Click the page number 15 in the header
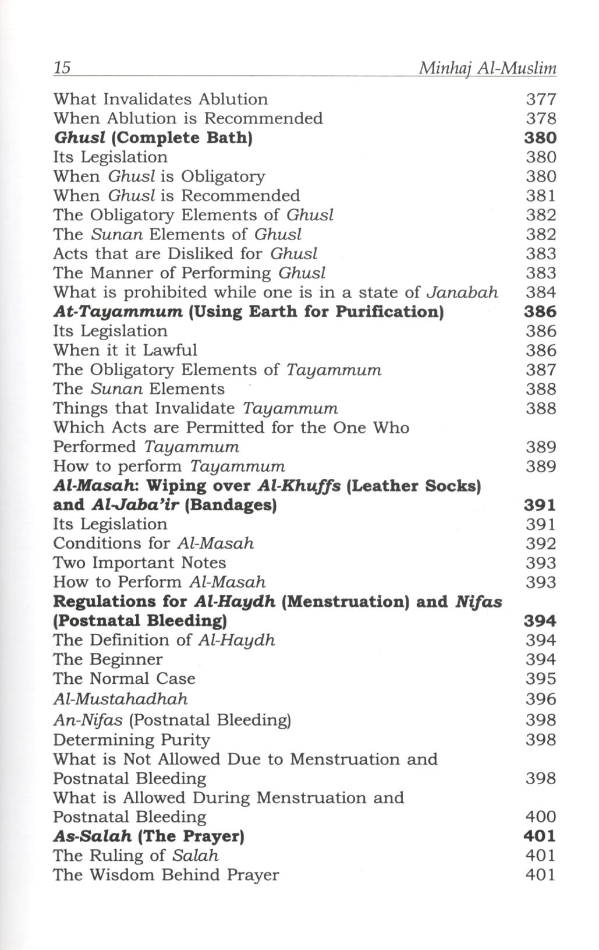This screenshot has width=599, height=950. [62, 68]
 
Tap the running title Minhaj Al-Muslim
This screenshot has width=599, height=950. [487, 69]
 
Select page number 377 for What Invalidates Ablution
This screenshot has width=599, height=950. [541, 100]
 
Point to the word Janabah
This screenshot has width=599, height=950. [463, 292]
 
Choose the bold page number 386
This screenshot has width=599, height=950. [540, 312]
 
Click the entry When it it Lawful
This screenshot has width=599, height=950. [125, 350]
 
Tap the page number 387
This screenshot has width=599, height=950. [541, 370]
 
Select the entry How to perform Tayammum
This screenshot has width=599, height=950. [169, 467]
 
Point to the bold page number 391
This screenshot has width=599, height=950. [540, 505]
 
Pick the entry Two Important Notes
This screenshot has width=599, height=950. [140, 563]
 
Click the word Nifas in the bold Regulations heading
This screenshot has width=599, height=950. [479, 601]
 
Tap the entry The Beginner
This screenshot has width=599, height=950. [108, 659]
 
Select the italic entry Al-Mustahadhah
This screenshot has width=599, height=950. [120, 698]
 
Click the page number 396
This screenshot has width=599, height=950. [541, 698]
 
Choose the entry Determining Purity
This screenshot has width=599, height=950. [132, 740]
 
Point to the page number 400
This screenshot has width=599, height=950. [541, 817]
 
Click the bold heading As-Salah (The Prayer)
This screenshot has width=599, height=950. [148, 836]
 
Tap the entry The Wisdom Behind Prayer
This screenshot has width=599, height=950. [166, 875]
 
